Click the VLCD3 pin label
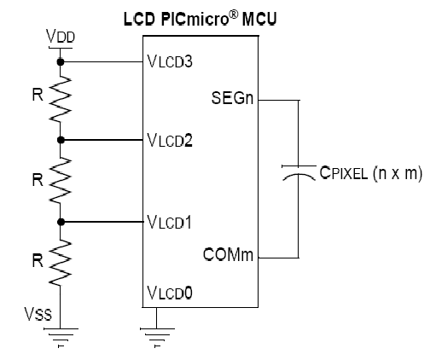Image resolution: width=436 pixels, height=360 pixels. coord(170,61)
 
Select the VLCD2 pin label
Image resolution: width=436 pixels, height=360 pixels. coord(170,140)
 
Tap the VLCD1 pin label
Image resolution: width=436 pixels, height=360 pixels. coord(169,222)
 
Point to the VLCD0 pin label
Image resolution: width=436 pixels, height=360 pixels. coord(170,293)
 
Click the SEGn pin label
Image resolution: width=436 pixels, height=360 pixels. coord(232,98)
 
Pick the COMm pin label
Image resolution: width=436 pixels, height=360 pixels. coord(228,254)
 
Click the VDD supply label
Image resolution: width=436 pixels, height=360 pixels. coord(61,36)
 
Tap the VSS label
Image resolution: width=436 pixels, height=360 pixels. coord(38,314)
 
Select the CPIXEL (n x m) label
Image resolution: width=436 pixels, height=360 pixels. coord(371,172)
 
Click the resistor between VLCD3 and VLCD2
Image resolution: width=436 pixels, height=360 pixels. coord(61,99)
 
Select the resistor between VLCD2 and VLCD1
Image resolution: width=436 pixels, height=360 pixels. coord(61,180)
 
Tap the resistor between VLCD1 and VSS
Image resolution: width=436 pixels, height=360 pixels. coord(61,262)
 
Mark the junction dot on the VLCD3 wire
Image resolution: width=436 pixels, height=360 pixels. coord(61,61)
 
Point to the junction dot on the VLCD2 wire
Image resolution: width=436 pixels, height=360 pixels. coord(61,140)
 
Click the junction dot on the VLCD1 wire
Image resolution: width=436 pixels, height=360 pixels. coord(61,222)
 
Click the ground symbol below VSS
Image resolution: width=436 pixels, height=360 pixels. coord(61,338)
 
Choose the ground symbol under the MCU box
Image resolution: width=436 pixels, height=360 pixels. coord(157,338)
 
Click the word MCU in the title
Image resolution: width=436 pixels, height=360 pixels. coord(259,20)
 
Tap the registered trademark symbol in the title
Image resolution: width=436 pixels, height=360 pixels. coord(233,15)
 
